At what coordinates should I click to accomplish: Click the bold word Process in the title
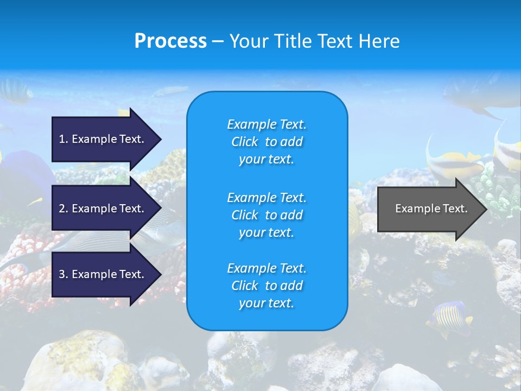click(x=170, y=41)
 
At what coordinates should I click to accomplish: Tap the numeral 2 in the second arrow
click(x=62, y=209)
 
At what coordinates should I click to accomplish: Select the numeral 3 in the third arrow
click(x=62, y=274)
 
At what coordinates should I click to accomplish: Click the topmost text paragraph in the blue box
click(x=266, y=142)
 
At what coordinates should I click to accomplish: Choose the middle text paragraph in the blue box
click(x=266, y=215)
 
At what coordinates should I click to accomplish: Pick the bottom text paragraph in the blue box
click(x=266, y=286)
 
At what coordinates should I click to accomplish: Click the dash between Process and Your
click(x=218, y=41)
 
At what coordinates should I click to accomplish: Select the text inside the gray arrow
click(x=431, y=209)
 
